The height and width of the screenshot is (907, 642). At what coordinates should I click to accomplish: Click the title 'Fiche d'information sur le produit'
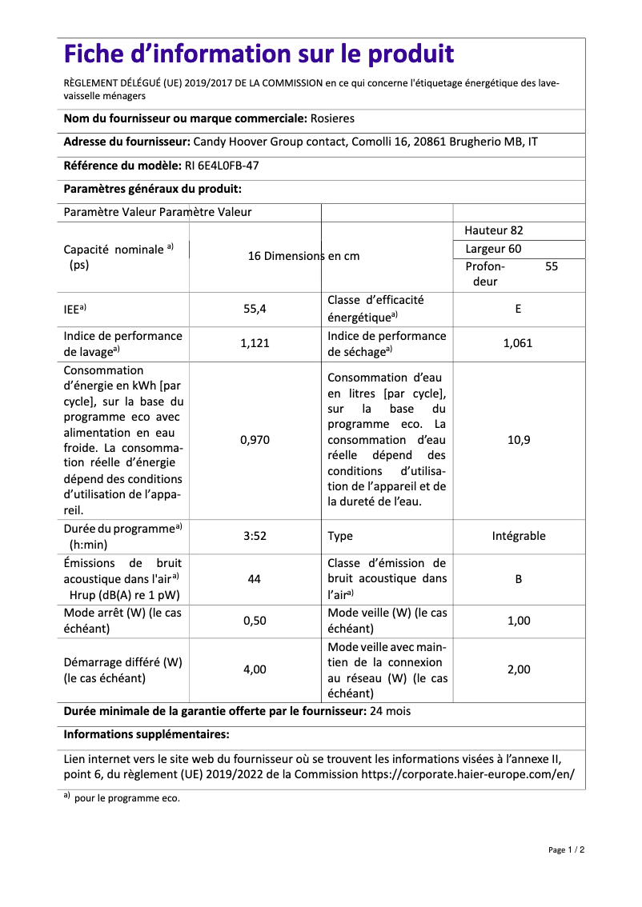tap(259, 54)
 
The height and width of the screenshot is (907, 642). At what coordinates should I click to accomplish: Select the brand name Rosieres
tap(332, 118)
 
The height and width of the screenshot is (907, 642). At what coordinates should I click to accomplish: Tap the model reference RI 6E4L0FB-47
tap(216, 166)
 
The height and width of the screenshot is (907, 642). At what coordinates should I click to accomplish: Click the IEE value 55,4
tap(255, 309)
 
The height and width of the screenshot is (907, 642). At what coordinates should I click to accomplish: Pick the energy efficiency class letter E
tap(519, 309)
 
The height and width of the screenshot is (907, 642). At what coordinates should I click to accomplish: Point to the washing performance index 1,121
tap(255, 343)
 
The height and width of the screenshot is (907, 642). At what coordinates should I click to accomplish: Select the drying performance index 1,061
tap(518, 343)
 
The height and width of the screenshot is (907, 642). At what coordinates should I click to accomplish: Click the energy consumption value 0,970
tap(255, 440)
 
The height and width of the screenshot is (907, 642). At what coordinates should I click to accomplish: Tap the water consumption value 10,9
tap(519, 440)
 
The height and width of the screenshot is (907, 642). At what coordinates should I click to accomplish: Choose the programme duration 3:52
tap(255, 536)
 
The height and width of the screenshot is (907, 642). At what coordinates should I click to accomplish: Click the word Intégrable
tap(519, 536)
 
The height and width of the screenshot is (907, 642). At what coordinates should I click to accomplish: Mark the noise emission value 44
tap(255, 578)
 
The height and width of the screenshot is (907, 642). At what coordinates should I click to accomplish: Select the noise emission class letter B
tap(519, 578)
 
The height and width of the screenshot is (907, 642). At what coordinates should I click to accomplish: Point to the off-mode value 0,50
tap(255, 621)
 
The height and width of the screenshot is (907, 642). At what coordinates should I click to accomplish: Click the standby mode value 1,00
tap(519, 621)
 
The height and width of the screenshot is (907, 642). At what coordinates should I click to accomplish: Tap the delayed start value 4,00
tap(255, 669)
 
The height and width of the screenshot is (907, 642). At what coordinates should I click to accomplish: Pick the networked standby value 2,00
tap(519, 669)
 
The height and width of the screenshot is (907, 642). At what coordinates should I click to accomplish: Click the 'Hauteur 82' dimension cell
tap(494, 230)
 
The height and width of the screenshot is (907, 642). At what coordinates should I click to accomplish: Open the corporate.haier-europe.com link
tap(467, 774)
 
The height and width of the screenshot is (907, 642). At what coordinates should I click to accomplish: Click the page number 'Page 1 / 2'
tap(566, 849)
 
